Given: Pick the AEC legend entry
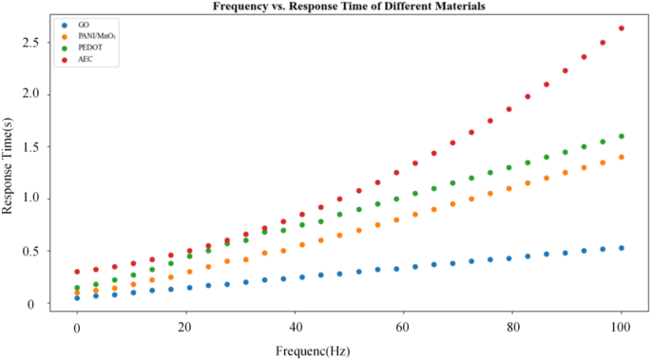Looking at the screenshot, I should click(86, 60).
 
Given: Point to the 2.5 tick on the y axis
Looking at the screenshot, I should click(33, 43).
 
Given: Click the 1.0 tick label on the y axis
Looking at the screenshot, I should click(33, 199).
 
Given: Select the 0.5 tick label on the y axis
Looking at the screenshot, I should click(33, 251).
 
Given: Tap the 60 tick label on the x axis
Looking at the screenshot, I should click(404, 328).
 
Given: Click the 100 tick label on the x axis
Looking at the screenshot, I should click(622, 328).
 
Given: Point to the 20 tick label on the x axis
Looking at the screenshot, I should click(185, 328).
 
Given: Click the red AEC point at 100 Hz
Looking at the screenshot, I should click(622, 28).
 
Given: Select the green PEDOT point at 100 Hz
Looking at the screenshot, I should click(622, 136).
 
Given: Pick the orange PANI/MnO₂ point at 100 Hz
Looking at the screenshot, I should click(622, 157).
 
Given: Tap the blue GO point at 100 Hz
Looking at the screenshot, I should click(622, 248).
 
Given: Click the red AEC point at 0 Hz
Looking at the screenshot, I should click(77, 272).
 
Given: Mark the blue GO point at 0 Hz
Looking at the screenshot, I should click(77, 297).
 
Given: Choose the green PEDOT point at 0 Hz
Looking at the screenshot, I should click(77, 288).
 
